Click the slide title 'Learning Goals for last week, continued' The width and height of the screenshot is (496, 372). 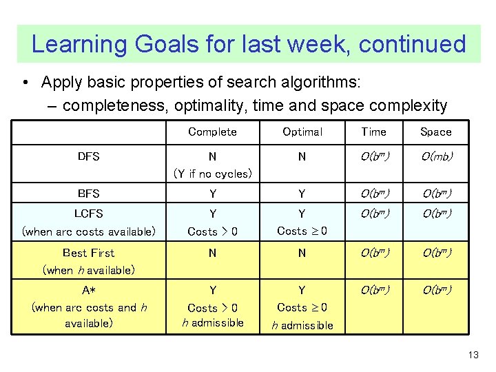click(248, 44)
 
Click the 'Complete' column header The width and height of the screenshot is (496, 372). click(212, 132)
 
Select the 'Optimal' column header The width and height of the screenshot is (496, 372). click(302, 132)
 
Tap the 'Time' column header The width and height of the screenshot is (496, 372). click(373, 132)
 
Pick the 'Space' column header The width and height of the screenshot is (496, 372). click(435, 132)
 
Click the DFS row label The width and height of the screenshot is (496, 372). click(89, 156)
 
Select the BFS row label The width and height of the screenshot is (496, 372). click(89, 194)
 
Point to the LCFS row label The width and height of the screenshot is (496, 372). click(89, 214)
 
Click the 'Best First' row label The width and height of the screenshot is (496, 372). click(89, 253)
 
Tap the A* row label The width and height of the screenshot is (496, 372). click(89, 291)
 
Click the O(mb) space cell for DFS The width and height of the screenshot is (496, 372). click(435, 156)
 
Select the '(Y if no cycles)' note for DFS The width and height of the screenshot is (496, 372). click(212, 174)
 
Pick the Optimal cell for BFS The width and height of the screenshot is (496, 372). click(302, 194)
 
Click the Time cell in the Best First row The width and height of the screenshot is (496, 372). click(373, 253)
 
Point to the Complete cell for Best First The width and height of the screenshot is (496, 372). click(212, 253)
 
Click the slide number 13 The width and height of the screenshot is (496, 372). click(473, 355)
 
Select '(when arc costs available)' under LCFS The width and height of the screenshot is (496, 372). click(89, 231)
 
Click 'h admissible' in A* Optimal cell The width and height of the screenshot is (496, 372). click(302, 325)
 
